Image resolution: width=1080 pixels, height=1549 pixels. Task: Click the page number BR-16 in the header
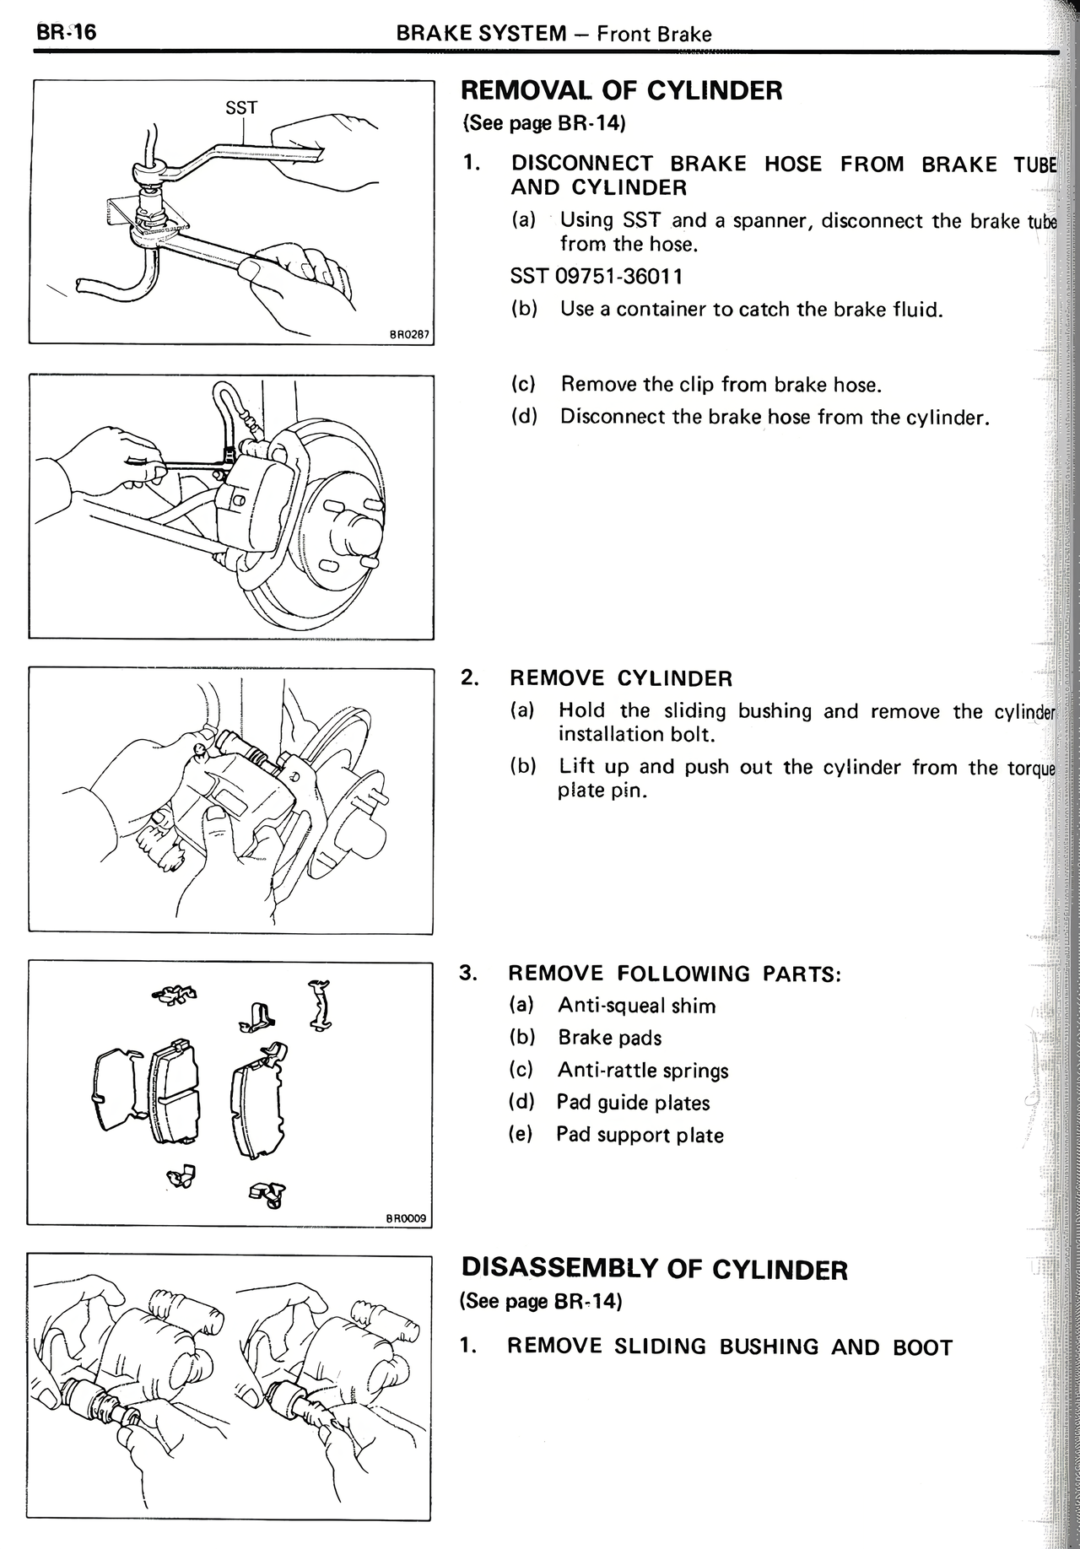pyautogui.click(x=66, y=32)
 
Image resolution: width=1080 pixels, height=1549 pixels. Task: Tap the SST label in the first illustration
pyautogui.click(x=241, y=108)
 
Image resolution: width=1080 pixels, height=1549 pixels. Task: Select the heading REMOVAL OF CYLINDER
pyautogui.click(x=622, y=90)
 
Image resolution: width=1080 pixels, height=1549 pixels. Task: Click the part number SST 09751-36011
pyautogui.click(x=597, y=276)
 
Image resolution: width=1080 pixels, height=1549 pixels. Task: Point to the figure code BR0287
pyautogui.click(x=409, y=335)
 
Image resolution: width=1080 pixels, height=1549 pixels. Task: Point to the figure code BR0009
pyautogui.click(x=407, y=1218)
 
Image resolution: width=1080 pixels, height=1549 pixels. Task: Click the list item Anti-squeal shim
pyautogui.click(x=636, y=1006)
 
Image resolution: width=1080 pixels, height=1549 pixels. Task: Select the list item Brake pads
pyautogui.click(x=609, y=1038)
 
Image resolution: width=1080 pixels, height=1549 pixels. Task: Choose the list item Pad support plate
pyautogui.click(x=639, y=1135)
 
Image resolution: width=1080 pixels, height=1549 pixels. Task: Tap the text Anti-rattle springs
pyautogui.click(x=642, y=1071)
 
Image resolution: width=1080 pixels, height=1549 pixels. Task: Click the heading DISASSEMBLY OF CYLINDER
pyautogui.click(x=654, y=1270)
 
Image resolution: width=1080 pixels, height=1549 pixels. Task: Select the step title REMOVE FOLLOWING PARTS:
pyautogui.click(x=674, y=974)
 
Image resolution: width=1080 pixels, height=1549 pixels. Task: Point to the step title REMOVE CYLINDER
pyautogui.click(x=620, y=678)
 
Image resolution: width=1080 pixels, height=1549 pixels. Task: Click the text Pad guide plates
pyautogui.click(x=633, y=1103)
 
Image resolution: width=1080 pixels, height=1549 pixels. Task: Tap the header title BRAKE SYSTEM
pyautogui.click(x=481, y=34)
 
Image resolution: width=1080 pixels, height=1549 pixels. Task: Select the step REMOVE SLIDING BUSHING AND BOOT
pyautogui.click(x=729, y=1347)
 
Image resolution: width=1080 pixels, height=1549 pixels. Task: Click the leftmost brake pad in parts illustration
pyautogui.click(x=116, y=1089)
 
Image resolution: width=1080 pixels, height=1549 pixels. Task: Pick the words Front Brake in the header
pyautogui.click(x=654, y=34)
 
